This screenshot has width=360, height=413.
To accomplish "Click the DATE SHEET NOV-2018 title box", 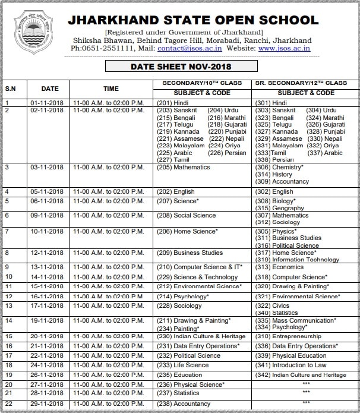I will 181,67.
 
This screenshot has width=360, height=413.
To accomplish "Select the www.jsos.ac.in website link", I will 283,48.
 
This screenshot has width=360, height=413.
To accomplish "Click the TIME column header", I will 110,89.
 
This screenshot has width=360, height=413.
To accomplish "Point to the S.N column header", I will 11,89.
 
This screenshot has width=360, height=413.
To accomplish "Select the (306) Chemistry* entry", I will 279,168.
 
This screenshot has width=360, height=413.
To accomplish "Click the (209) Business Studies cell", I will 190,253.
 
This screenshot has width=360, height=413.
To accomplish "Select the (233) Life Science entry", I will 182,365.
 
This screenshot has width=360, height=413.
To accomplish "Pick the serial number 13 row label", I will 8,306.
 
